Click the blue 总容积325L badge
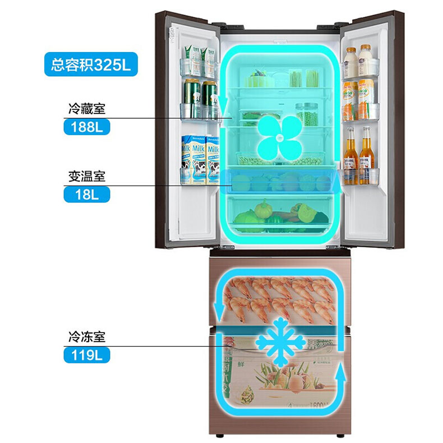point(90,64)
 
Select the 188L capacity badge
point(87,127)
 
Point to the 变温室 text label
point(87,177)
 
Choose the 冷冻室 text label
point(87,337)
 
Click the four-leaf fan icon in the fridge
point(279,137)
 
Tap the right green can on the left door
point(209,98)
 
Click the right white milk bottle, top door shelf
point(366,62)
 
